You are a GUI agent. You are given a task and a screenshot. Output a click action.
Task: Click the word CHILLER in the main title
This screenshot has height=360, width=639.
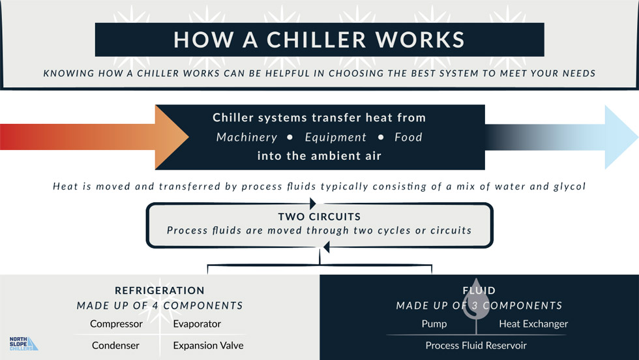tap(317, 40)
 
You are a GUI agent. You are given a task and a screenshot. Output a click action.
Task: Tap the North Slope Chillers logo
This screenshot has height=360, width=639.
tap(23, 344)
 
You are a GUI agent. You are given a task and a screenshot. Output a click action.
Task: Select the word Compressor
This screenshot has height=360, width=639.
tap(116, 323)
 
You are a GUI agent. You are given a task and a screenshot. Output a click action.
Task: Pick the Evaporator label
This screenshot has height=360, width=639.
tap(197, 323)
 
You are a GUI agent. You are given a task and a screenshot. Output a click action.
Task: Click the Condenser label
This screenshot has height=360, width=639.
tap(115, 345)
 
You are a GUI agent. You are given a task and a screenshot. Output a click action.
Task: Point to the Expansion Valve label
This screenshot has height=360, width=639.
tap(208, 345)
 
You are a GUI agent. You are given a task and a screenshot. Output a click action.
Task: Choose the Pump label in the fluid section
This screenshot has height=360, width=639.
tap(434, 323)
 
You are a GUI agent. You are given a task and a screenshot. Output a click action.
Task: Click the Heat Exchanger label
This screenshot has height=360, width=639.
tap(533, 323)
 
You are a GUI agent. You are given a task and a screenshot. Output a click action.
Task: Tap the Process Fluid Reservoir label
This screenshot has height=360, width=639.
tap(476, 345)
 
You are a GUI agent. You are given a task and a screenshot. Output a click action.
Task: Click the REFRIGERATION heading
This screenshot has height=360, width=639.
tap(160, 290)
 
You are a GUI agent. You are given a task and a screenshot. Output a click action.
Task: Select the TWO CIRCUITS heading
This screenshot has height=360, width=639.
tap(319, 217)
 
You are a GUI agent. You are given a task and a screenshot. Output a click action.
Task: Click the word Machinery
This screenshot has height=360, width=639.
tap(246, 138)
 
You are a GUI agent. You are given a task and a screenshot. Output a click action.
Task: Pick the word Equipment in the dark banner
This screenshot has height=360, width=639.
tap(335, 138)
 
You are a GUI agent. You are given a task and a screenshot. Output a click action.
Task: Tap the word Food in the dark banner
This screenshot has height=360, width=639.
tap(408, 138)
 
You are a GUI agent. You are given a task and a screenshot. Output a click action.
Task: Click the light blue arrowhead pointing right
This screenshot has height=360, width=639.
tap(619, 138)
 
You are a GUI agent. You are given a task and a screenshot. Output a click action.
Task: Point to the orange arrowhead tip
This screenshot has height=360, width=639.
tap(188, 138)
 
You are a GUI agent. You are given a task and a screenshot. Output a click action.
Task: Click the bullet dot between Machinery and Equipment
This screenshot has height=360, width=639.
tap(290, 138)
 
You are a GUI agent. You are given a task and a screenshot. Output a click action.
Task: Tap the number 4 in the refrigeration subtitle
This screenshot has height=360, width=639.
tap(156, 306)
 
